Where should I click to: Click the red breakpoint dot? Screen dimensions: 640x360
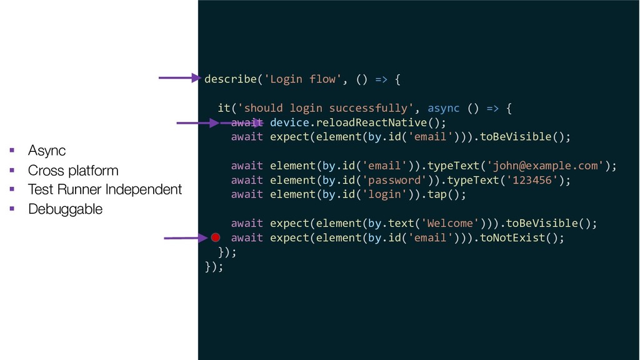point(216,237)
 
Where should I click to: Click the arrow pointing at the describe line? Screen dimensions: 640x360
point(179,78)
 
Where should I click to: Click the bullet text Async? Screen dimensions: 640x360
point(47,151)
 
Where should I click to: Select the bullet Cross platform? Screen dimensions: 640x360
point(72,170)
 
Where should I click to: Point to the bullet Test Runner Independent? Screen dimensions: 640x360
point(104,189)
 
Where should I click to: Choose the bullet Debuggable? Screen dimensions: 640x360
point(65,209)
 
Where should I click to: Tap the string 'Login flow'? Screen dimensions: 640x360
point(302,79)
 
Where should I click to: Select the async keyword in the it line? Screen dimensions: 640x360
point(443,108)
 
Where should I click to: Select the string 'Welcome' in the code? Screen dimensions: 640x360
point(451,223)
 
